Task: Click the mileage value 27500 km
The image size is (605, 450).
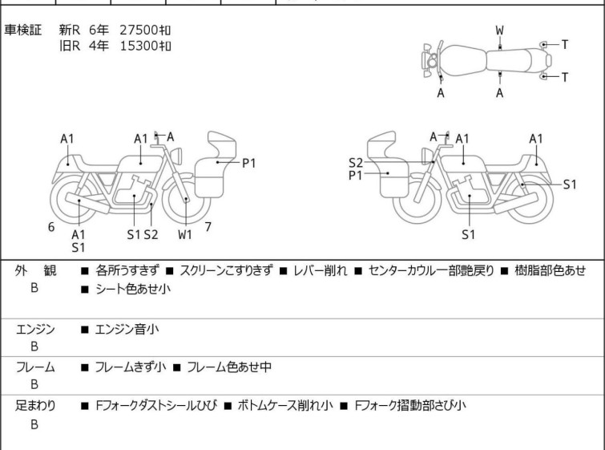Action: coord(145,30)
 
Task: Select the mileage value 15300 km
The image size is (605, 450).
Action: coord(145,45)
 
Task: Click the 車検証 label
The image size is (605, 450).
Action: coord(24,30)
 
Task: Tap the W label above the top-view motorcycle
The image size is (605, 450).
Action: coord(499,30)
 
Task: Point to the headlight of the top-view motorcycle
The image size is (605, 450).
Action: coord(432,60)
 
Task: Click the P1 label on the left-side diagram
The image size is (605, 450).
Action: coord(249,163)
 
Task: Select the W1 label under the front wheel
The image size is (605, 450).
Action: coord(185,234)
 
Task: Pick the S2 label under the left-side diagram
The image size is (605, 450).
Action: coord(151,234)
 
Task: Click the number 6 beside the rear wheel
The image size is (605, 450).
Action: coord(51,227)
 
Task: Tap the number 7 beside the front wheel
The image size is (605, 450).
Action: coord(208,227)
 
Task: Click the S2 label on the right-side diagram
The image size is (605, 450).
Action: coord(356,160)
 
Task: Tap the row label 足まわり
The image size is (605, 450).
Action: coord(36,406)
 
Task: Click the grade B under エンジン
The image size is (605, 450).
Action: coord(34,347)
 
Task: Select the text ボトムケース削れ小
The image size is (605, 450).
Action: coord(284,406)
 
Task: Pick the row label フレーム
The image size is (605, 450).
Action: coord(36,367)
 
